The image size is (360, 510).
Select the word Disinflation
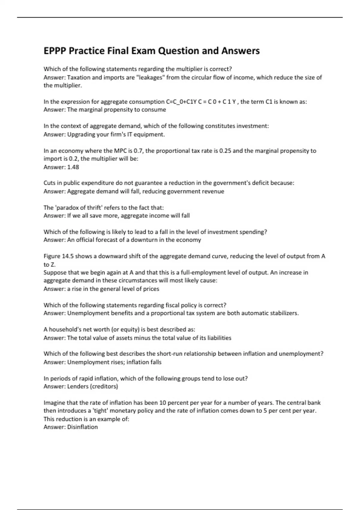coord(82,427)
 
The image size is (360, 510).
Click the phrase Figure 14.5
coord(58,256)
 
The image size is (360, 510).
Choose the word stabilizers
coord(284,313)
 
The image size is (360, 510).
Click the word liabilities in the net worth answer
coord(217,338)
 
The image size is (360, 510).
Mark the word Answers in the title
coord(241,51)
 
